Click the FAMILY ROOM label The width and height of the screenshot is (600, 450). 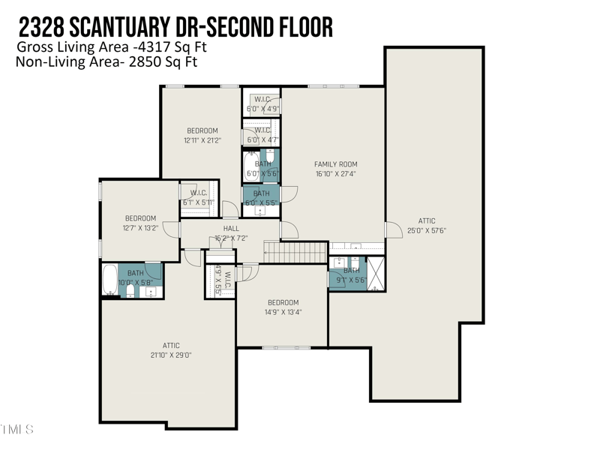pos(335,164)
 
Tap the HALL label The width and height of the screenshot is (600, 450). pos(231,229)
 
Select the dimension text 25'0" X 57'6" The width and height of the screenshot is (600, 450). pos(427,231)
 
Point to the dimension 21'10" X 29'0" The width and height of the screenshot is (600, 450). pos(171,355)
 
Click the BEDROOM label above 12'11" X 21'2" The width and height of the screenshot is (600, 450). pos(202,131)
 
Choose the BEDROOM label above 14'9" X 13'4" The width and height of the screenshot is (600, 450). pos(283,303)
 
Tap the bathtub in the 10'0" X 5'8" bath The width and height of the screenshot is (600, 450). pos(109,279)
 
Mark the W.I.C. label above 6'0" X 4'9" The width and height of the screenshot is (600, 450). pos(262,99)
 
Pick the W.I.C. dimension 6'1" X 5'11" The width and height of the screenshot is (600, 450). pos(198,202)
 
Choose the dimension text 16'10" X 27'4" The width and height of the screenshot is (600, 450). pos(335,174)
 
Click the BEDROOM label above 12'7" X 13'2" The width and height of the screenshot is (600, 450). pos(140,218)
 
